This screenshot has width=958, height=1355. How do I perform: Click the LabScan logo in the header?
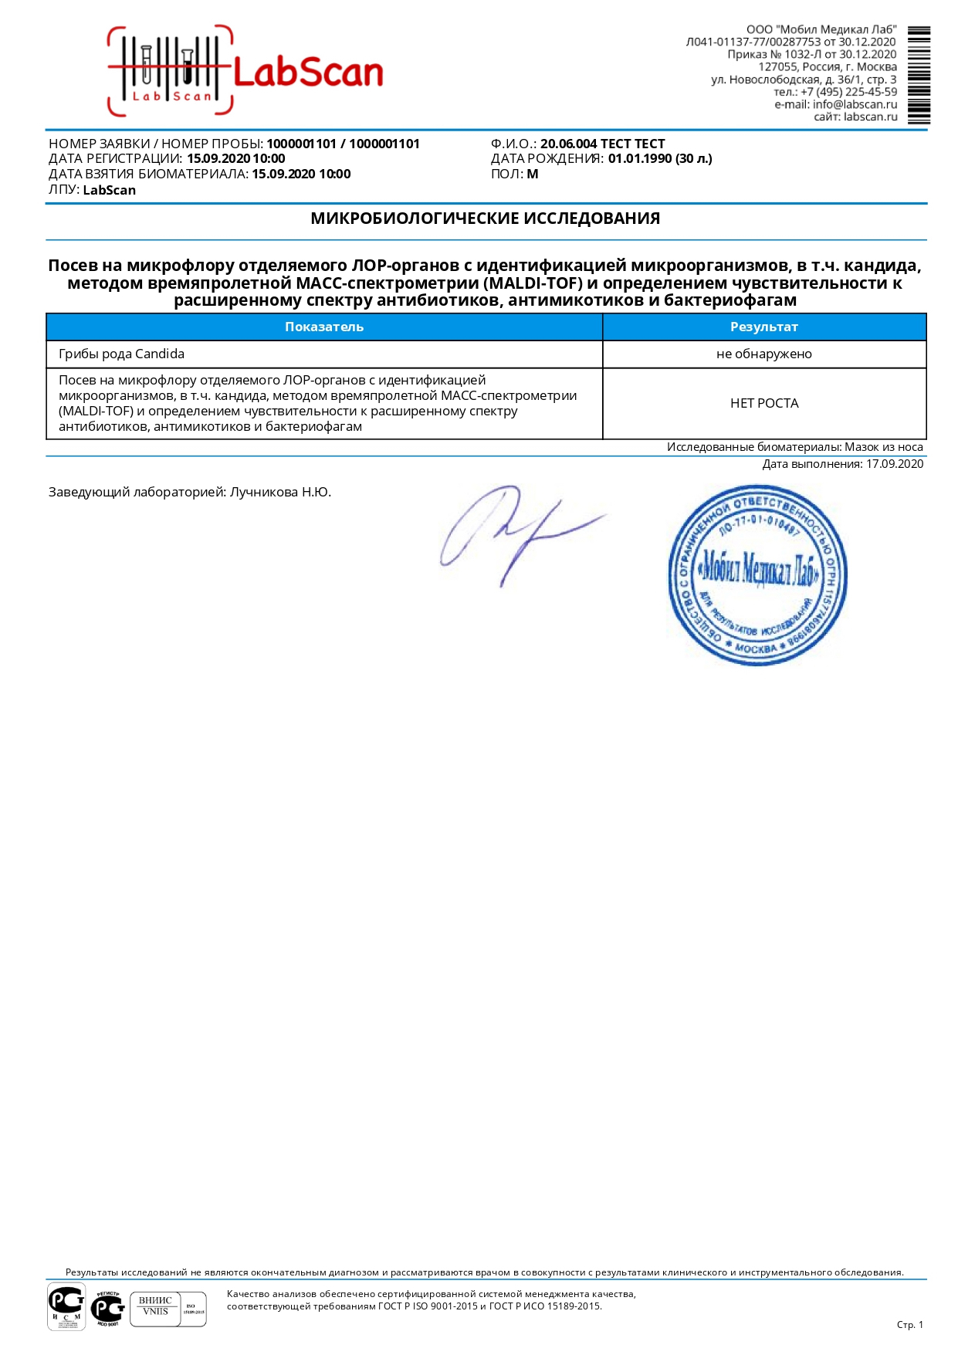[245, 72]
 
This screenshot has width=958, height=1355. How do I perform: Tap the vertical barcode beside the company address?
[919, 76]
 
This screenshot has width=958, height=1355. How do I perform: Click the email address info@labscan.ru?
[855, 104]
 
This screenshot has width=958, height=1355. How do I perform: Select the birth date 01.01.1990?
[640, 159]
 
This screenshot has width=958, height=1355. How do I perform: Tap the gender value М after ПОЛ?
[533, 174]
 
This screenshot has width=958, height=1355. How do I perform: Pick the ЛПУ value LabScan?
[109, 190]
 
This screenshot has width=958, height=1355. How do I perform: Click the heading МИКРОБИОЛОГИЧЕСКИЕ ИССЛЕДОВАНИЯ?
[485, 218]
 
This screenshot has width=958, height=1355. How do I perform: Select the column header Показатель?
[323, 327]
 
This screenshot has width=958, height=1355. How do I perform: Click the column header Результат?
[763, 327]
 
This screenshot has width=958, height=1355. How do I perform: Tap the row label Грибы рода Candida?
[121, 354]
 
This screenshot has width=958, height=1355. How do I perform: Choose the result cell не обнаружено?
[763, 354]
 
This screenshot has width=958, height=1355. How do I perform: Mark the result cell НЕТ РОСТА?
[763, 403]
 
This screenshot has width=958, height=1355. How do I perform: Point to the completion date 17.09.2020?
[895, 464]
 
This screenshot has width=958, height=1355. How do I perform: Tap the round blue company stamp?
[757, 575]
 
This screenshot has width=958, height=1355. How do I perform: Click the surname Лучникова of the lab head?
[263, 492]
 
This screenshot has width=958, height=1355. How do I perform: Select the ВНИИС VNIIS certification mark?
[155, 1306]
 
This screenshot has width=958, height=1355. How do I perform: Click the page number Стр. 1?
[909, 1325]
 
